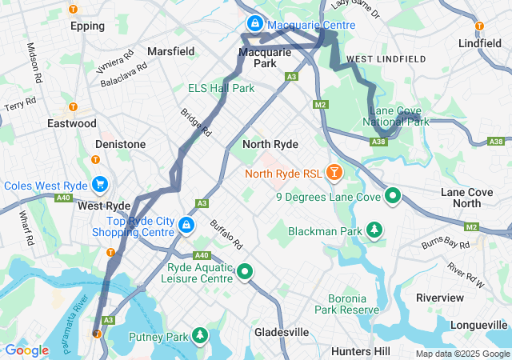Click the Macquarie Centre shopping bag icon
(254, 24)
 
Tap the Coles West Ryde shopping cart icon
(100, 185)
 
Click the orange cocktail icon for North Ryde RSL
(334, 172)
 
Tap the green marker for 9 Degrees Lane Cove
(393, 195)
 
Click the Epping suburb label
(87, 26)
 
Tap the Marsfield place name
(170, 51)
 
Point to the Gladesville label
(282, 331)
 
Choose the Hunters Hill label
(360, 351)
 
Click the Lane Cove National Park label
(398, 117)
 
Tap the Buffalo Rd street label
(226, 234)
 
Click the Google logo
(26, 350)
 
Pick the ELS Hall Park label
(221, 87)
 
